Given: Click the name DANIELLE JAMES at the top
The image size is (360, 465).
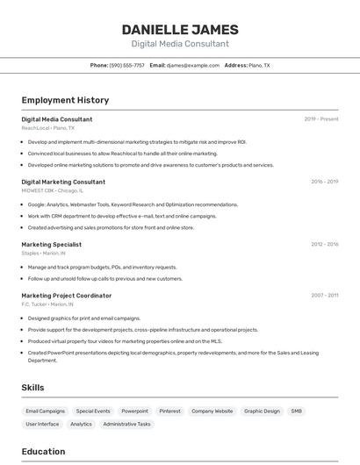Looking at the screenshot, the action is click(x=180, y=29).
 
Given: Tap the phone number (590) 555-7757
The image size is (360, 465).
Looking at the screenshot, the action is click(x=127, y=65).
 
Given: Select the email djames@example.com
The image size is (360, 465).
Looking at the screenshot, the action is click(x=193, y=65).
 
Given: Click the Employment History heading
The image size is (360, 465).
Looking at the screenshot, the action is click(x=65, y=100).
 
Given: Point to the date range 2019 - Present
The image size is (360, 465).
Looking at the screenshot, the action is click(x=321, y=118).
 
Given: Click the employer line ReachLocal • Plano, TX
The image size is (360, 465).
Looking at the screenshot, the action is click(x=47, y=128).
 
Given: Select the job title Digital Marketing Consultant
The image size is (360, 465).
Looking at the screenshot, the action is click(x=63, y=182).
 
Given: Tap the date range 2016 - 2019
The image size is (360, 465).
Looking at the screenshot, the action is click(x=324, y=182).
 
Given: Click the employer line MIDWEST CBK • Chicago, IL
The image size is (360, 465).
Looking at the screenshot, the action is click(x=53, y=190).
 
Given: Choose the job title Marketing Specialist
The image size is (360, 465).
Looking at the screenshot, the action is click(x=51, y=245).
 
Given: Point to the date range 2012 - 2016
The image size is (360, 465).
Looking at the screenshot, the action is click(x=324, y=245).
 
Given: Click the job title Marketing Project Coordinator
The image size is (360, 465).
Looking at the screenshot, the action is click(x=67, y=296).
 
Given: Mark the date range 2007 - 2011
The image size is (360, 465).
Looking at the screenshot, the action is click(x=324, y=296).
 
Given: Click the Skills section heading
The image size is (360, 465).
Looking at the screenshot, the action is click(x=32, y=388).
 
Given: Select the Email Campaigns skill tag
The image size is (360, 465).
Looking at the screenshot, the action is click(x=46, y=411).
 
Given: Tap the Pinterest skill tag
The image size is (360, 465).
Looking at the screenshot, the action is click(x=169, y=411).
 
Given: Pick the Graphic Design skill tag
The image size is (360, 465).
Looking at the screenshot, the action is click(x=262, y=411).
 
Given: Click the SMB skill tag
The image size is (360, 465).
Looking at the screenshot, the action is click(x=297, y=411).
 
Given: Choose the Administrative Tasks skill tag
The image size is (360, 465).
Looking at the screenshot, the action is click(x=126, y=424).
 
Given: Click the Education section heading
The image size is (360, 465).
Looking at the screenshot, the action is click(x=43, y=452).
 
